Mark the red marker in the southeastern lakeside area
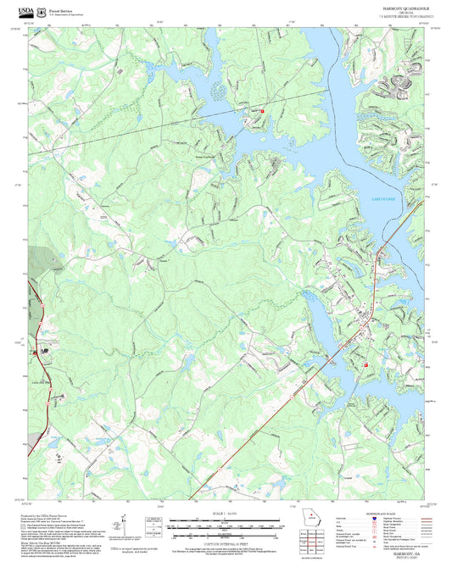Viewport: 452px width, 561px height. point(366,365)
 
